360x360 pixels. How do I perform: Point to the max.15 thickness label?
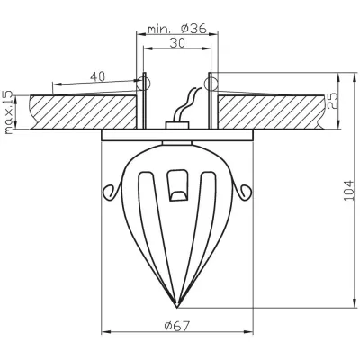pyautogui.click(x=10, y=111)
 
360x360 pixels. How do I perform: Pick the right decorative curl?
pyautogui.click(x=245, y=191)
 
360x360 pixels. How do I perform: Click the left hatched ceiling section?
pyautogui.click(x=81, y=111)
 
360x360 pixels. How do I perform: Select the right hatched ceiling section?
pyautogui.click(x=270, y=111)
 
